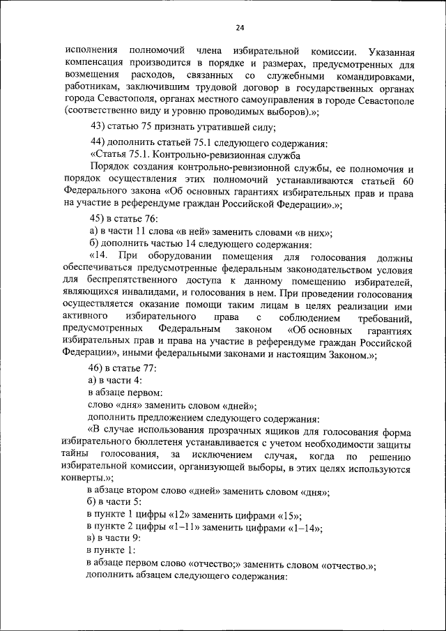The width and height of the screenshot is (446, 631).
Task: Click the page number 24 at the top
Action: point(240,27)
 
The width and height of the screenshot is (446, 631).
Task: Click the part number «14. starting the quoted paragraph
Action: point(101,258)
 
